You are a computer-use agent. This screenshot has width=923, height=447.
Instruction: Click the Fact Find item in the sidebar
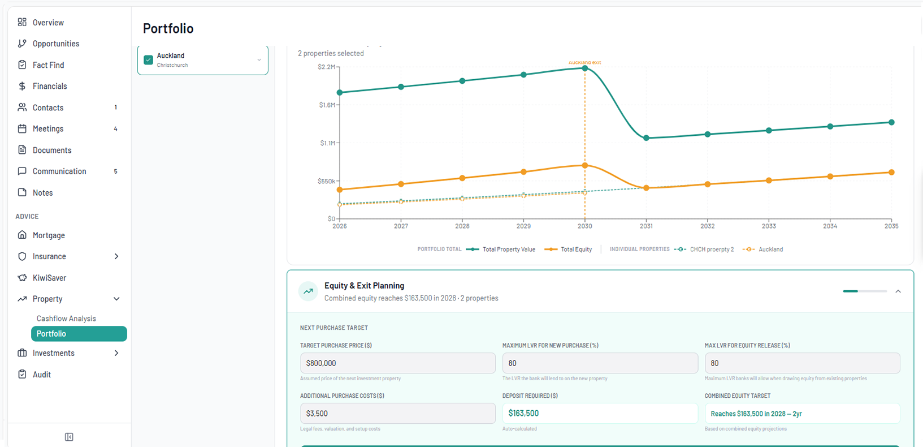coord(48,65)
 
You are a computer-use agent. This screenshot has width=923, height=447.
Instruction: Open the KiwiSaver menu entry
coord(49,278)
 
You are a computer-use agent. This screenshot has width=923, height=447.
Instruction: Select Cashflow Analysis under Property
coord(66,319)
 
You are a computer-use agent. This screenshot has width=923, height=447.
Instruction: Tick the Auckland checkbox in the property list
coord(149,60)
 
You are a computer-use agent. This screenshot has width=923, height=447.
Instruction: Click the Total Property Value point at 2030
coord(585,68)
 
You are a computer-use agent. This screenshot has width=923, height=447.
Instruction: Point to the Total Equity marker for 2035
coord(891,173)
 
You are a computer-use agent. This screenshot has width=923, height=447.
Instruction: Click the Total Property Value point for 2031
coord(646,138)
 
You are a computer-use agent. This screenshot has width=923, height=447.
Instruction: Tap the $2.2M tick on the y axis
coord(327,67)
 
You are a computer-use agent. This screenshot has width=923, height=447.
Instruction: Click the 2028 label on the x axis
coord(462,226)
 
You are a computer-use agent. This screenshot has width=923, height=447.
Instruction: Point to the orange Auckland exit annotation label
coord(584,62)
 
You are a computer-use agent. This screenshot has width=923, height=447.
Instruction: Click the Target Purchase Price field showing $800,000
coord(397,363)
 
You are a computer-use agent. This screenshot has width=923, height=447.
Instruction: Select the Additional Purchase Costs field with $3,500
coord(397,414)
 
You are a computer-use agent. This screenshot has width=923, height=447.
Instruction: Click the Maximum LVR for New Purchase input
coord(600,363)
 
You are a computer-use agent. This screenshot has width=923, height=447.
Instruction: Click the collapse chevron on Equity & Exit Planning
coord(898,291)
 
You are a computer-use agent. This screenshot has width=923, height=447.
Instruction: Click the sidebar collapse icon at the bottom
coord(69,437)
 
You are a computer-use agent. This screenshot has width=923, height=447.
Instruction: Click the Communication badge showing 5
coord(116,171)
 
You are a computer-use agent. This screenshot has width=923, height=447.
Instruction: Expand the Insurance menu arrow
coord(116,256)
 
